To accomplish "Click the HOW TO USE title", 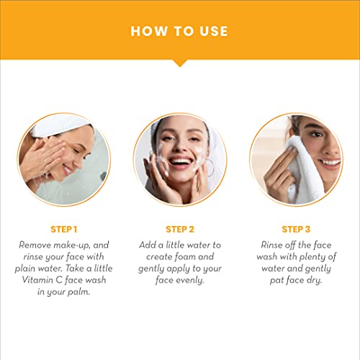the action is (x=179, y=31).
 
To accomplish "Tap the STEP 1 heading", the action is (x=64, y=230).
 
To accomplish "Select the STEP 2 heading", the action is (x=180, y=230).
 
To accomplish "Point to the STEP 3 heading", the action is (x=296, y=230).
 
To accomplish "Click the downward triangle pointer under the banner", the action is (x=180, y=63).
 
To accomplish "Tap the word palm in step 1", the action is (x=78, y=292).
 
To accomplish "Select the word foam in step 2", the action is (x=185, y=256).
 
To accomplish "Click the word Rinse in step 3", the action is (x=271, y=245).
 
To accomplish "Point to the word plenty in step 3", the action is (x=312, y=257).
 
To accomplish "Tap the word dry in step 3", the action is (x=314, y=281).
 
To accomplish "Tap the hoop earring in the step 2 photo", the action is (x=210, y=168).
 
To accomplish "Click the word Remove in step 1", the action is (x=35, y=245).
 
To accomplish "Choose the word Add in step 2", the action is (x=148, y=245).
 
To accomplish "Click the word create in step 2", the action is (x=158, y=257).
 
